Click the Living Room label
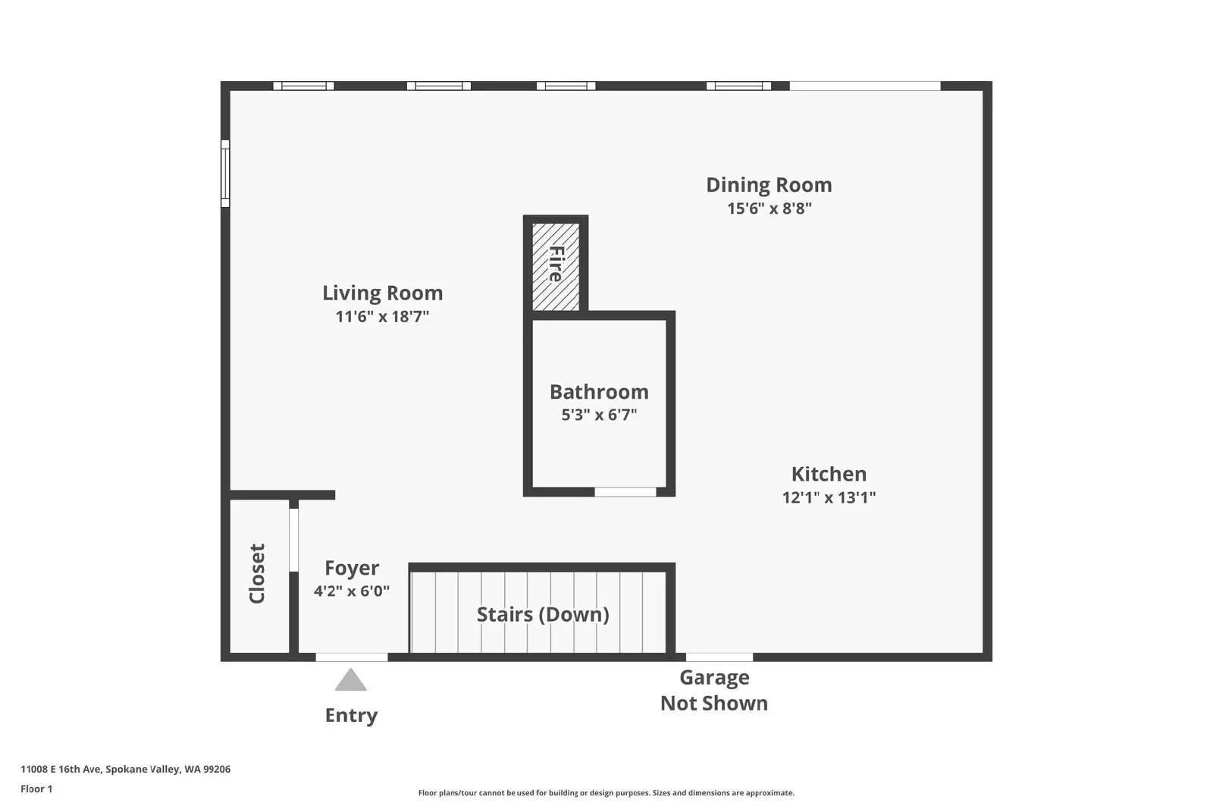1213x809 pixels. point(382,293)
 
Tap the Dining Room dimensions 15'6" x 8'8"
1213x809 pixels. point(769,209)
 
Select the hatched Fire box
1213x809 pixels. point(556,265)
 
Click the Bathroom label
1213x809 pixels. point(599,391)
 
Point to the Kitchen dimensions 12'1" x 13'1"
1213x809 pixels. point(829,497)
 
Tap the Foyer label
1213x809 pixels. point(352,568)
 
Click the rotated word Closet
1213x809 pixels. point(257,573)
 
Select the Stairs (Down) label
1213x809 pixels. point(542,614)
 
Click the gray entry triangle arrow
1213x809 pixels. point(350,681)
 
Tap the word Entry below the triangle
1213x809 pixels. point(351,715)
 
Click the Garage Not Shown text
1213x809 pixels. point(713,690)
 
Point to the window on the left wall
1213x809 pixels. point(225,173)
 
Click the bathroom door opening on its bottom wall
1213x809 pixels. point(625,492)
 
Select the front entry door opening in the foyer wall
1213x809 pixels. point(351,657)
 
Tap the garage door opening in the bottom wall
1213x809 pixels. point(719,657)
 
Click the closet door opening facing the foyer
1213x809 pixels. point(293,540)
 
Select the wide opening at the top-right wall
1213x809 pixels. point(864,86)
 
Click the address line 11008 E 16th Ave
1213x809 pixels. point(125,769)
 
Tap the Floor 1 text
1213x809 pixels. point(36,789)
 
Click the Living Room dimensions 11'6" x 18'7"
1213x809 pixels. point(382,317)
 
